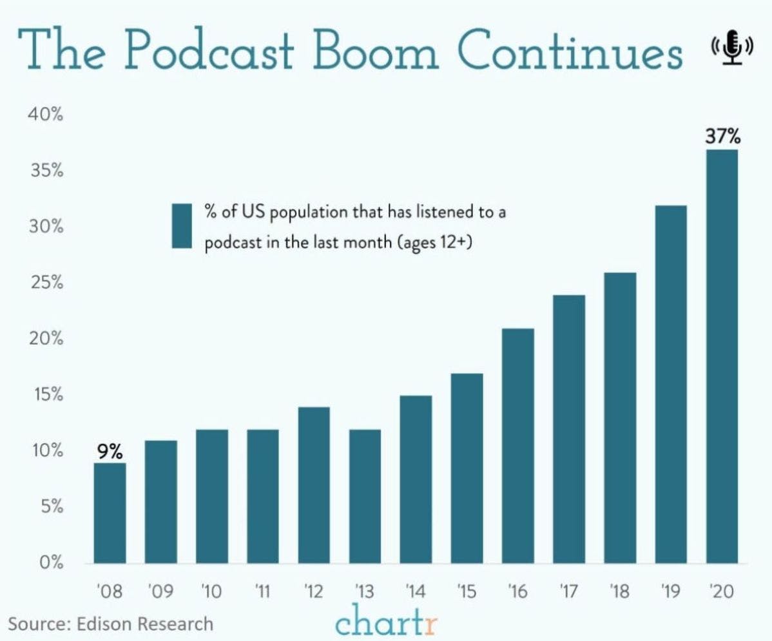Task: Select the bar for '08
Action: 110,513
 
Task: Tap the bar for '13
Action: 365,496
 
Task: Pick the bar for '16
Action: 517,446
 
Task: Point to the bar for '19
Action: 671,384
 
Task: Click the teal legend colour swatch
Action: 182,225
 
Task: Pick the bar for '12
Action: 314,485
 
